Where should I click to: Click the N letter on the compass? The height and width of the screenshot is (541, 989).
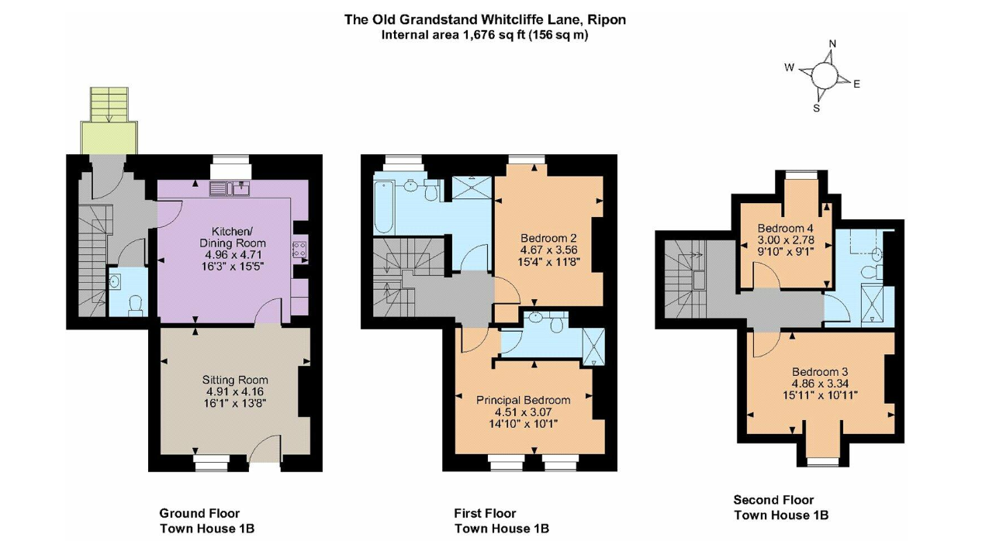click(833, 43)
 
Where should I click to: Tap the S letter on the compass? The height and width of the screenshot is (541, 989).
click(816, 108)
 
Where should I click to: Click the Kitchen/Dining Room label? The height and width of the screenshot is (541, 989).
click(233, 237)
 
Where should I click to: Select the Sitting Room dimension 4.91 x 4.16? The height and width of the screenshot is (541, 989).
click(235, 391)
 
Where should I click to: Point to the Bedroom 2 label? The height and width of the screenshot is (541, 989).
click(548, 238)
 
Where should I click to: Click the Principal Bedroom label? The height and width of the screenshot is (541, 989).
click(523, 400)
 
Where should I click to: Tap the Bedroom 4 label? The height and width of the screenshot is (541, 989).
click(786, 228)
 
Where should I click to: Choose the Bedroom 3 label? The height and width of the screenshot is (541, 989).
click(820, 372)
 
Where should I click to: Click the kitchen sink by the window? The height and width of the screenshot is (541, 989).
click(230, 188)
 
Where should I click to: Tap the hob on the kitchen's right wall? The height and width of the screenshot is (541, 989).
click(299, 250)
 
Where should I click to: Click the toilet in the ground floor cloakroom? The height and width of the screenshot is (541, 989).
click(135, 305)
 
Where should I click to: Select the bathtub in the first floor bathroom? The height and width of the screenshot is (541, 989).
click(384, 208)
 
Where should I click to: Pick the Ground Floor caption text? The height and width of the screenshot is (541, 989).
click(199, 513)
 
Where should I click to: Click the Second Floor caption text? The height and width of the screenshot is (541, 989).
click(773, 500)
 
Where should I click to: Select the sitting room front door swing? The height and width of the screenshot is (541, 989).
click(264, 448)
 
